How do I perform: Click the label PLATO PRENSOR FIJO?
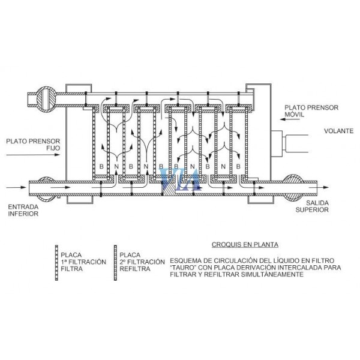coord(33,145)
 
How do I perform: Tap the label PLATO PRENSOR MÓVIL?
coord(311,111)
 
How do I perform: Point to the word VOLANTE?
coord(338,131)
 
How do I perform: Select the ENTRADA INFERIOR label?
coord(23,210)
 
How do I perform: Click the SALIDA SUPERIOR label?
coord(312,206)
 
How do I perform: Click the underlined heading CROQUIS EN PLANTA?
coord(245,245)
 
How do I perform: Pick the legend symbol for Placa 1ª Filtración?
coord(56,263)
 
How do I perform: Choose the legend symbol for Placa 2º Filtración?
coord(115,263)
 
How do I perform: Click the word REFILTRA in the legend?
coord(135,269)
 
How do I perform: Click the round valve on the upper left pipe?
coord(46,99)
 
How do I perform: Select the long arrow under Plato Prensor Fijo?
coord(33,155)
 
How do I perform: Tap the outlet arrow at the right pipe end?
coord(319,187)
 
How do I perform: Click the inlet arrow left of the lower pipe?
coord(16,187)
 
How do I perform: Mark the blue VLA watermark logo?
coord(181,179)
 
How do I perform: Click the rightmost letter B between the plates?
coord(238,166)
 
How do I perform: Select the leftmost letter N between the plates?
coord(116,166)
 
